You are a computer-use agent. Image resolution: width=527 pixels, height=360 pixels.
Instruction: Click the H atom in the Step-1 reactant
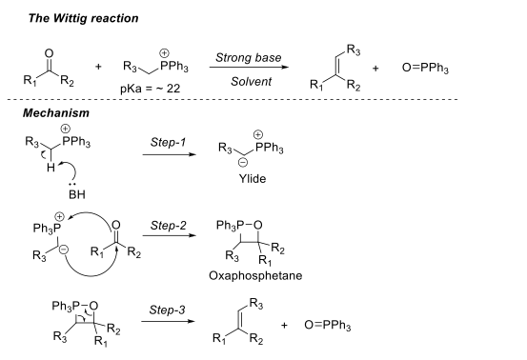tap(37, 169)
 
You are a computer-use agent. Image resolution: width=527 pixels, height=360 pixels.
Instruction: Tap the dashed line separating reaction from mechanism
tap(263, 100)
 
